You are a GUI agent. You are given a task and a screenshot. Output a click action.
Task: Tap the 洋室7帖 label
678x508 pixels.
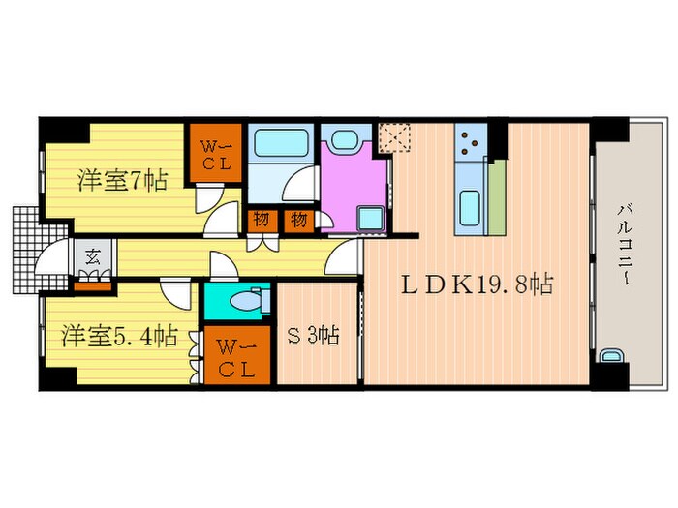[x=122, y=179]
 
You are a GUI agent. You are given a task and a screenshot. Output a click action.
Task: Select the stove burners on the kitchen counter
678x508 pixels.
[x=470, y=144]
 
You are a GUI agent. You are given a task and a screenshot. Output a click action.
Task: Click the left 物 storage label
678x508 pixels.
[x=262, y=220]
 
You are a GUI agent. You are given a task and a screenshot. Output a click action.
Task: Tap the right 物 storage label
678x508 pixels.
[x=299, y=220]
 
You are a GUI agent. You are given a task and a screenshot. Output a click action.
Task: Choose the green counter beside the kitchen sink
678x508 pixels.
[x=496, y=198]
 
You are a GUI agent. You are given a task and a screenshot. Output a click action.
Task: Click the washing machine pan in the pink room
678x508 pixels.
[x=370, y=216]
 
